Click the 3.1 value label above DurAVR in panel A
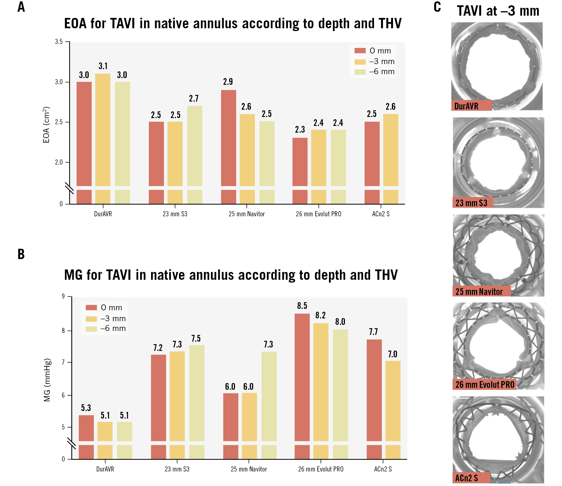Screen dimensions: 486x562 click(x=103, y=66)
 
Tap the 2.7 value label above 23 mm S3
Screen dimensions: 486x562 click(x=194, y=98)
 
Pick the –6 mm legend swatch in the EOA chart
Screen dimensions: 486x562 click(x=360, y=72)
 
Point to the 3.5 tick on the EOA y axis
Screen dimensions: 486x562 click(x=59, y=42)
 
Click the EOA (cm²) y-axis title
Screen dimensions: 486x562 click(x=46, y=125)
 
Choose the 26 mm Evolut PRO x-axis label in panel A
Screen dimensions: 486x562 click(x=318, y=214)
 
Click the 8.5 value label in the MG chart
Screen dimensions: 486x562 click(x=302, y=306)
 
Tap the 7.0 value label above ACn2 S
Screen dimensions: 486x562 click(x=392, y=354)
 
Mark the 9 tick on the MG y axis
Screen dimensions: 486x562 click(x=63, y=296)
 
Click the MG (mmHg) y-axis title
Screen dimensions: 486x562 click(x=48, y=380)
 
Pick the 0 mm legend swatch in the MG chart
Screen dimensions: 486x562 click(x=91, y=308)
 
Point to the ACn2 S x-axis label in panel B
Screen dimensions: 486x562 click(x=383, y=469)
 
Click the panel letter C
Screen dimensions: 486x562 click(x=437, y=7)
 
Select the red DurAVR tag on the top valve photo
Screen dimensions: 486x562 click(x=471, y=106)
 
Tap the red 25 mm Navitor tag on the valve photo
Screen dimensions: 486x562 click(x=481, y=292)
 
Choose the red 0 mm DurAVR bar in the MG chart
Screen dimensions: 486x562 click(x=86, y=428)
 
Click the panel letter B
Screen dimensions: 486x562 click(x=21, y=254)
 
